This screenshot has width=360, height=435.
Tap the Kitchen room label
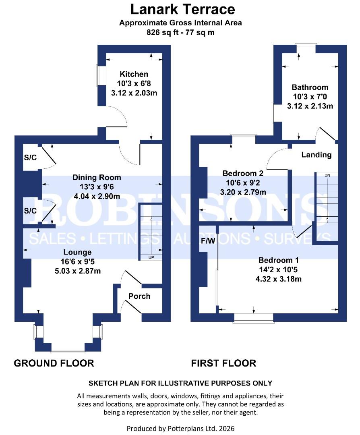pyautogui.click(x=134, y=74)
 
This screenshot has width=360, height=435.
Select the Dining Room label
pyautogui.click(x=97, y=178)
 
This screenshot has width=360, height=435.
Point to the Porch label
pyautogui.click(x=139, y=296)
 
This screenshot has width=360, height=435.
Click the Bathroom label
pyautogui.click(x=310, y=87)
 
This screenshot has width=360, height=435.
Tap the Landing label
pyautogui.click(x=317, y=155)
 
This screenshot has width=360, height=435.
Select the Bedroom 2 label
pyautogui.click(x=243, y=174)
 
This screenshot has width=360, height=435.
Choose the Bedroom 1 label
pyautogui.click(x=278, y=260)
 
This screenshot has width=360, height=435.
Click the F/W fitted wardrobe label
pyautogui.click(x=206, y=242)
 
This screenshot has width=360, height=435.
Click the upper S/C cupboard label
pyautogui.click(x=30, y=157)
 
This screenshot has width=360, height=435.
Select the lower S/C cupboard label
pyautogui.click(x=30, y=211)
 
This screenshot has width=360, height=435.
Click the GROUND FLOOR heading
pyautogui.click(x=54, y=363)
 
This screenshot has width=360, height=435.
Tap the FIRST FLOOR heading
pyautogui.click(x=223, y=363)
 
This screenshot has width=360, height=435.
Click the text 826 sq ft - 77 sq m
pyautogui.click(x=180, y=33)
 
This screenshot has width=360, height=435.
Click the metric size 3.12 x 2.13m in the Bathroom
pyautogui.click(x=310, y=106)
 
